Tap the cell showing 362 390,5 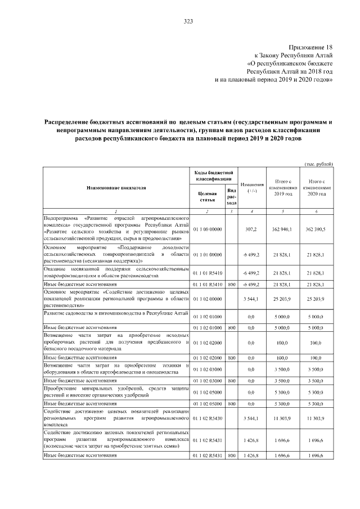pyautogui.click(x=318, y=229)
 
